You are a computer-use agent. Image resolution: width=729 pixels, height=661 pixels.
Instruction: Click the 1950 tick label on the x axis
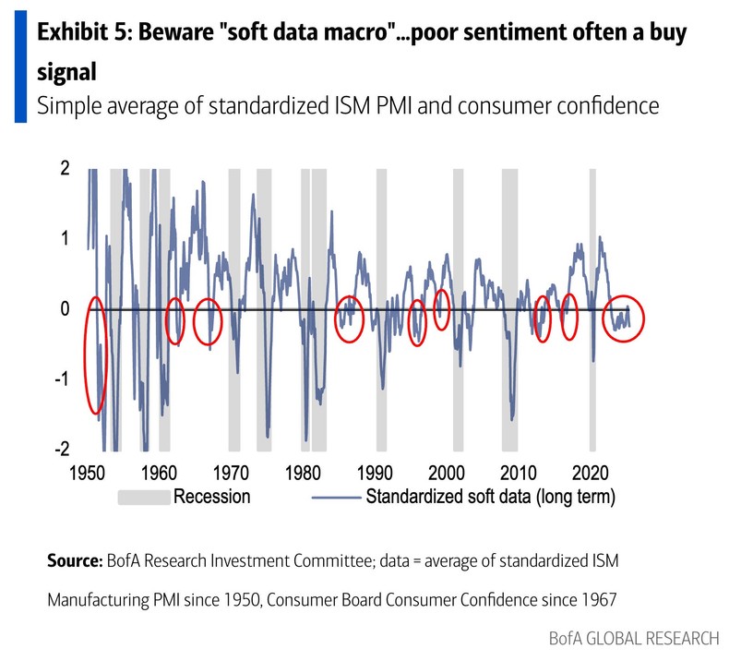[x=89, y=473]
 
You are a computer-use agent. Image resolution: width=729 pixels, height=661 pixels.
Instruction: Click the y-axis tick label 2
[x=65, y=169]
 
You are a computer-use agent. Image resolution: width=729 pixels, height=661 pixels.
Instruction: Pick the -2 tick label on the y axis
[x=61, y=450]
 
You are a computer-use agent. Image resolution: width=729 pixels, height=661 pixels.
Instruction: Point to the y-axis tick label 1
[x=65, y=239]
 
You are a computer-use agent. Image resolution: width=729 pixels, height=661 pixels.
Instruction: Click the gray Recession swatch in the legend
[x=145, y=497]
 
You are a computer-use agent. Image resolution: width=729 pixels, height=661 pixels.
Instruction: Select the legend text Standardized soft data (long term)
[x=490, y=497]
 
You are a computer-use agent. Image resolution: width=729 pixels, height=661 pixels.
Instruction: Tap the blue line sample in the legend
[x=335, y=498]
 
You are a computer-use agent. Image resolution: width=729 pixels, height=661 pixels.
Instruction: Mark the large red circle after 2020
[x=623, y=318]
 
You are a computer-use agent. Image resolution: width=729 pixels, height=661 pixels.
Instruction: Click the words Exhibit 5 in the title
[x=83, y=34]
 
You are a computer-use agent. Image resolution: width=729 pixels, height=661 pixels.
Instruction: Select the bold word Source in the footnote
[x=74, y=560]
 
